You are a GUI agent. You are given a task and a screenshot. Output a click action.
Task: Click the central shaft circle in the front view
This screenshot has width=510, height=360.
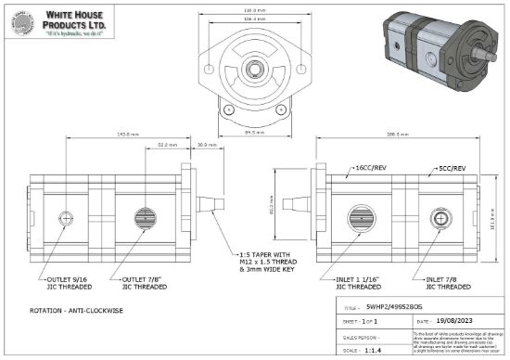[x=252, y=70]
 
